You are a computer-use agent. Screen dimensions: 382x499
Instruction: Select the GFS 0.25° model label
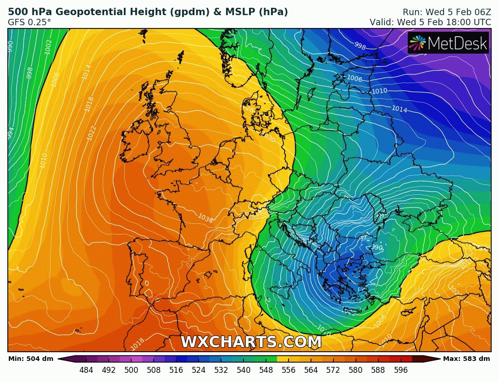[29, 22]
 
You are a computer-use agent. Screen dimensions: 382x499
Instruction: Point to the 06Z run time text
[480, 12]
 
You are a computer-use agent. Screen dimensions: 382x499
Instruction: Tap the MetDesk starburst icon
[417, 43]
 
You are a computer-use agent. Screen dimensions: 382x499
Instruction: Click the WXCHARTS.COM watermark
[251, 342]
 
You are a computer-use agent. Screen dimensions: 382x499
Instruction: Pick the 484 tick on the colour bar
[86, 370]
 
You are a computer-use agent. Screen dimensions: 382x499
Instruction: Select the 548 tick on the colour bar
[266, 370]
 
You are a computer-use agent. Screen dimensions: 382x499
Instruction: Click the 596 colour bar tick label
[400, 370]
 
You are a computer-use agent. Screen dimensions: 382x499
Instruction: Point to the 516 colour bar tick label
[176, 370]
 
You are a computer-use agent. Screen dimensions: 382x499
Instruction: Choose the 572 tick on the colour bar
[333, 370]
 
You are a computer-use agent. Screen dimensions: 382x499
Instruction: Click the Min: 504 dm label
[31, 359]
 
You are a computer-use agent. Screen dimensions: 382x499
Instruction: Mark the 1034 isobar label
[205, 218]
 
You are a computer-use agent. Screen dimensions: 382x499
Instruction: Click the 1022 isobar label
[91, 133]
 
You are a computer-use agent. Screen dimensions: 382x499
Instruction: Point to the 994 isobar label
[11, 133]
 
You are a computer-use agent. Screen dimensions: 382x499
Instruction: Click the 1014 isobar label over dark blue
[399, 109]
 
